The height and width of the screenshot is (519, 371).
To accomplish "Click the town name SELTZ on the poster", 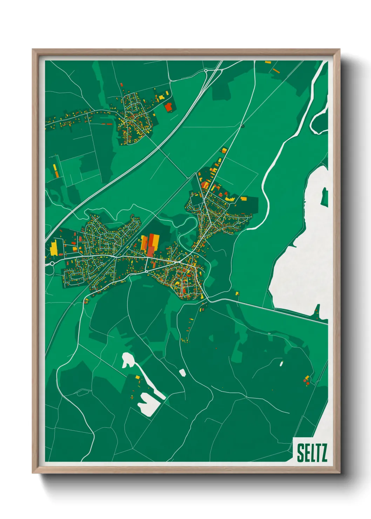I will pyautogui.click(x=312, y=453).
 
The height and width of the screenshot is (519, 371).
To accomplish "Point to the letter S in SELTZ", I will pyautogui.click(x=301, y=453).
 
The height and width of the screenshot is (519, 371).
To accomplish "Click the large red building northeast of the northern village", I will pyautogui.click(x=169, y=107).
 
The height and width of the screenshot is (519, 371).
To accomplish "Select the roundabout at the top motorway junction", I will pyautogui.click(x=206, y=71).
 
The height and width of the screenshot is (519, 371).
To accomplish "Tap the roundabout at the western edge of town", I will pyautogui.click(x=52, y=263).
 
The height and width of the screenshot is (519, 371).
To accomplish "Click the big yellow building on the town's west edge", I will pyautogui.click(x=54, y=248).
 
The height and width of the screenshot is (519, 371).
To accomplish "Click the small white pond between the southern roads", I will pyautogui.click(x=182, y=372).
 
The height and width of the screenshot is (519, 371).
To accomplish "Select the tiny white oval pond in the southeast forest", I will pyautogui.click(x=281, y=363).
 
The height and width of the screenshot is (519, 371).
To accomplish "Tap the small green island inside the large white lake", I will pyautogui.click(x=325, y=196).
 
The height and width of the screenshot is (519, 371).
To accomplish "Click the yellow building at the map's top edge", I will pyautogui.click(x=268, y=62).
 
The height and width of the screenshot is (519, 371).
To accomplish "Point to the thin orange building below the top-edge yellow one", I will pyautogui.click(x=276, y=70).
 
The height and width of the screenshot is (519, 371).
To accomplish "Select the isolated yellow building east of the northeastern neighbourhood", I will pyautogui.click(x=243, y=198).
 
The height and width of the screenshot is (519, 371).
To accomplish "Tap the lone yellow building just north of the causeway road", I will pyautogui.click(x=237, y=293).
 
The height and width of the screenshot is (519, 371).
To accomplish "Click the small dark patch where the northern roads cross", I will pyautogui.click(x=242, y=125).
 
